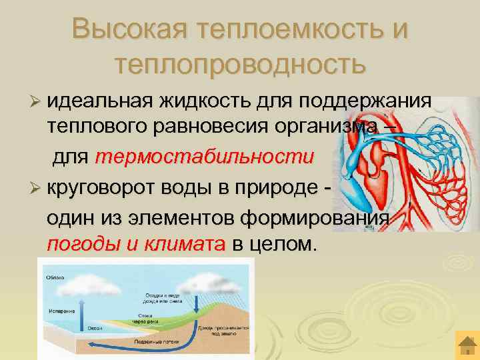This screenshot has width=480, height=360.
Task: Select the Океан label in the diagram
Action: point(93,327)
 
